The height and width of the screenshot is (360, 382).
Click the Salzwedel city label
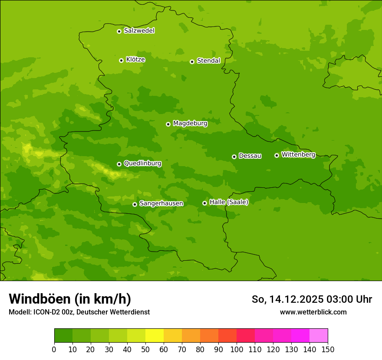click(139, 31)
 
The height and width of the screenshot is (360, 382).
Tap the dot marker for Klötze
click(121, 60)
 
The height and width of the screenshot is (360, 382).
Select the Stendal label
click(208, 61)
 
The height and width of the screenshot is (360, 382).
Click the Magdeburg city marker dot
click(168, 124)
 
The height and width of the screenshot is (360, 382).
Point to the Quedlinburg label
click(142, 164)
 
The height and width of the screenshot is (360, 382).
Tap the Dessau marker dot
click(234, 157)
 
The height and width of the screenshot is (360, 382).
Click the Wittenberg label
click(298, 155)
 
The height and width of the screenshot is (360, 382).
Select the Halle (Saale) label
click(229, 202)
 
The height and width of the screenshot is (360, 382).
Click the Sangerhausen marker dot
click(135, 204)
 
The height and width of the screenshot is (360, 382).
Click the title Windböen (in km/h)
click(70, 299)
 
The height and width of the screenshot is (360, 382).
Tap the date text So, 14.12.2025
click(288, 299)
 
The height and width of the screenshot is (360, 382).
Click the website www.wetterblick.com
click(313, 312)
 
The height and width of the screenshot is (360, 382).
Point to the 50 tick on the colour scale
click(145, 349)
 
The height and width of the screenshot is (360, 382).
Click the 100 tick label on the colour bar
click(237, 349)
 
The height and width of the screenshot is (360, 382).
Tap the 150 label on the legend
click(328, 349)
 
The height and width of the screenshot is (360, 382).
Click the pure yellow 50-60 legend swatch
click(155, 336)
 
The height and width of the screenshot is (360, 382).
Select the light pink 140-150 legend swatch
click(319, 336)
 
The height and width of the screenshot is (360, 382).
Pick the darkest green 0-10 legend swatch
click(63, 336)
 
